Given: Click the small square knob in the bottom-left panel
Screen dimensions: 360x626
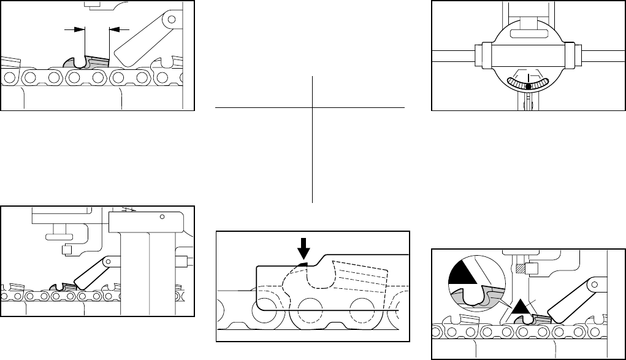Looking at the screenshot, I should pyautogui.click(x=66, y=251).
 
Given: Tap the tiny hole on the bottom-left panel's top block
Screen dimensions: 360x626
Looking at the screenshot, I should pyautogui.click(x=162, y=216).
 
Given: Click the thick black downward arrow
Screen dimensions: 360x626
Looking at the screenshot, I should pyautogui.click(x=303, y=248).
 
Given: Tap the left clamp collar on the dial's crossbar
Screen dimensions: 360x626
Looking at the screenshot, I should pyautogui.click(x=487, y=56).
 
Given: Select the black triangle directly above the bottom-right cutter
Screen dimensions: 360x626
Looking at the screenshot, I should pyautogui.click(x=521, y=307).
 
